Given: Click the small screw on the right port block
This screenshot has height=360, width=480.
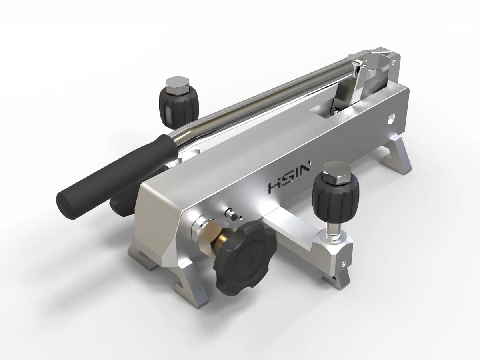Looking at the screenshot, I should [343, 263].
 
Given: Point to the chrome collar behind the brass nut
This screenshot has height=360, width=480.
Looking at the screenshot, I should [199, 229].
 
